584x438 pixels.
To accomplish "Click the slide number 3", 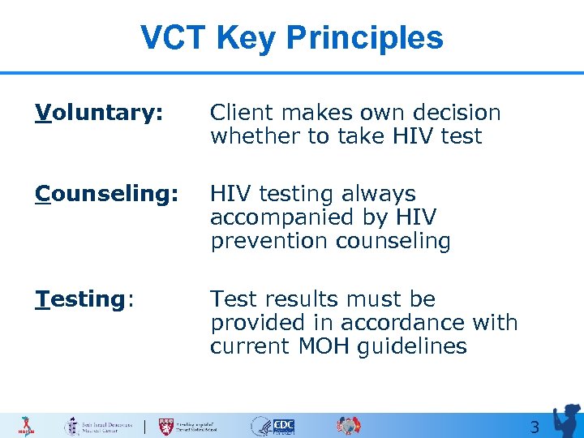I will pos(534,427).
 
